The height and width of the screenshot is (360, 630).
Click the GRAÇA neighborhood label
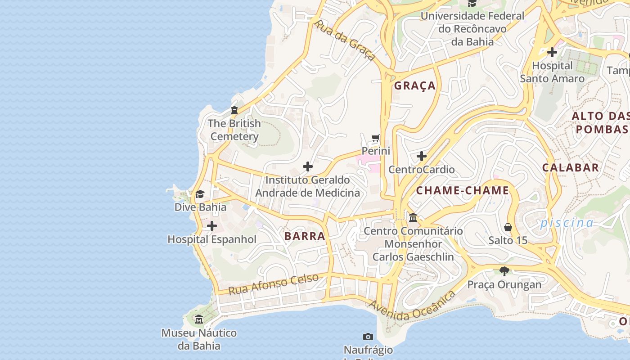click(415, 85)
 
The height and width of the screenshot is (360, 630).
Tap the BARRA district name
click(305, 236)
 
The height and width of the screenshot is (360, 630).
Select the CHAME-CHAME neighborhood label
click(462, 190)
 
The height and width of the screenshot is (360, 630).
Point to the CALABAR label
click(570, 168)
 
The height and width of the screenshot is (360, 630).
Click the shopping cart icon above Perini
click(376, 138)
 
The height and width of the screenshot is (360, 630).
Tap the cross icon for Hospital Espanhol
click(212, 226)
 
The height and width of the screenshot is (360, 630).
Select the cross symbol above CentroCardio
click(422, 156)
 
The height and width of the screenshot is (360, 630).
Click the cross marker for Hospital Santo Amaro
click(552, 52)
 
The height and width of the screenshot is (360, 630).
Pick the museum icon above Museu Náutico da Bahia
click(199, 319)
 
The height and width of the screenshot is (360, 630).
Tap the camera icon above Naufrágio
click(368, 337)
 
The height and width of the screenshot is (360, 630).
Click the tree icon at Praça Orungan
click(504, 271)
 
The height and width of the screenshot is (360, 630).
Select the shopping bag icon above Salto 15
click(508, 227)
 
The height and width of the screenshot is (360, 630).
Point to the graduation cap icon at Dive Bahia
click(200, 194)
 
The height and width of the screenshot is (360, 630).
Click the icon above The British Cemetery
click(234, 110)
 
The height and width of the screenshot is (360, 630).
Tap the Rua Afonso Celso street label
click(274, 284)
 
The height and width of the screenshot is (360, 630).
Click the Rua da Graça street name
click(345, 40)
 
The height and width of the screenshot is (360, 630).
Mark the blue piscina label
click(567, 223)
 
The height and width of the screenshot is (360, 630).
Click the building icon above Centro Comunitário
click(413, 218)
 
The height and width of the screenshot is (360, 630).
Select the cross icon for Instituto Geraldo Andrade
click(308, 166)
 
